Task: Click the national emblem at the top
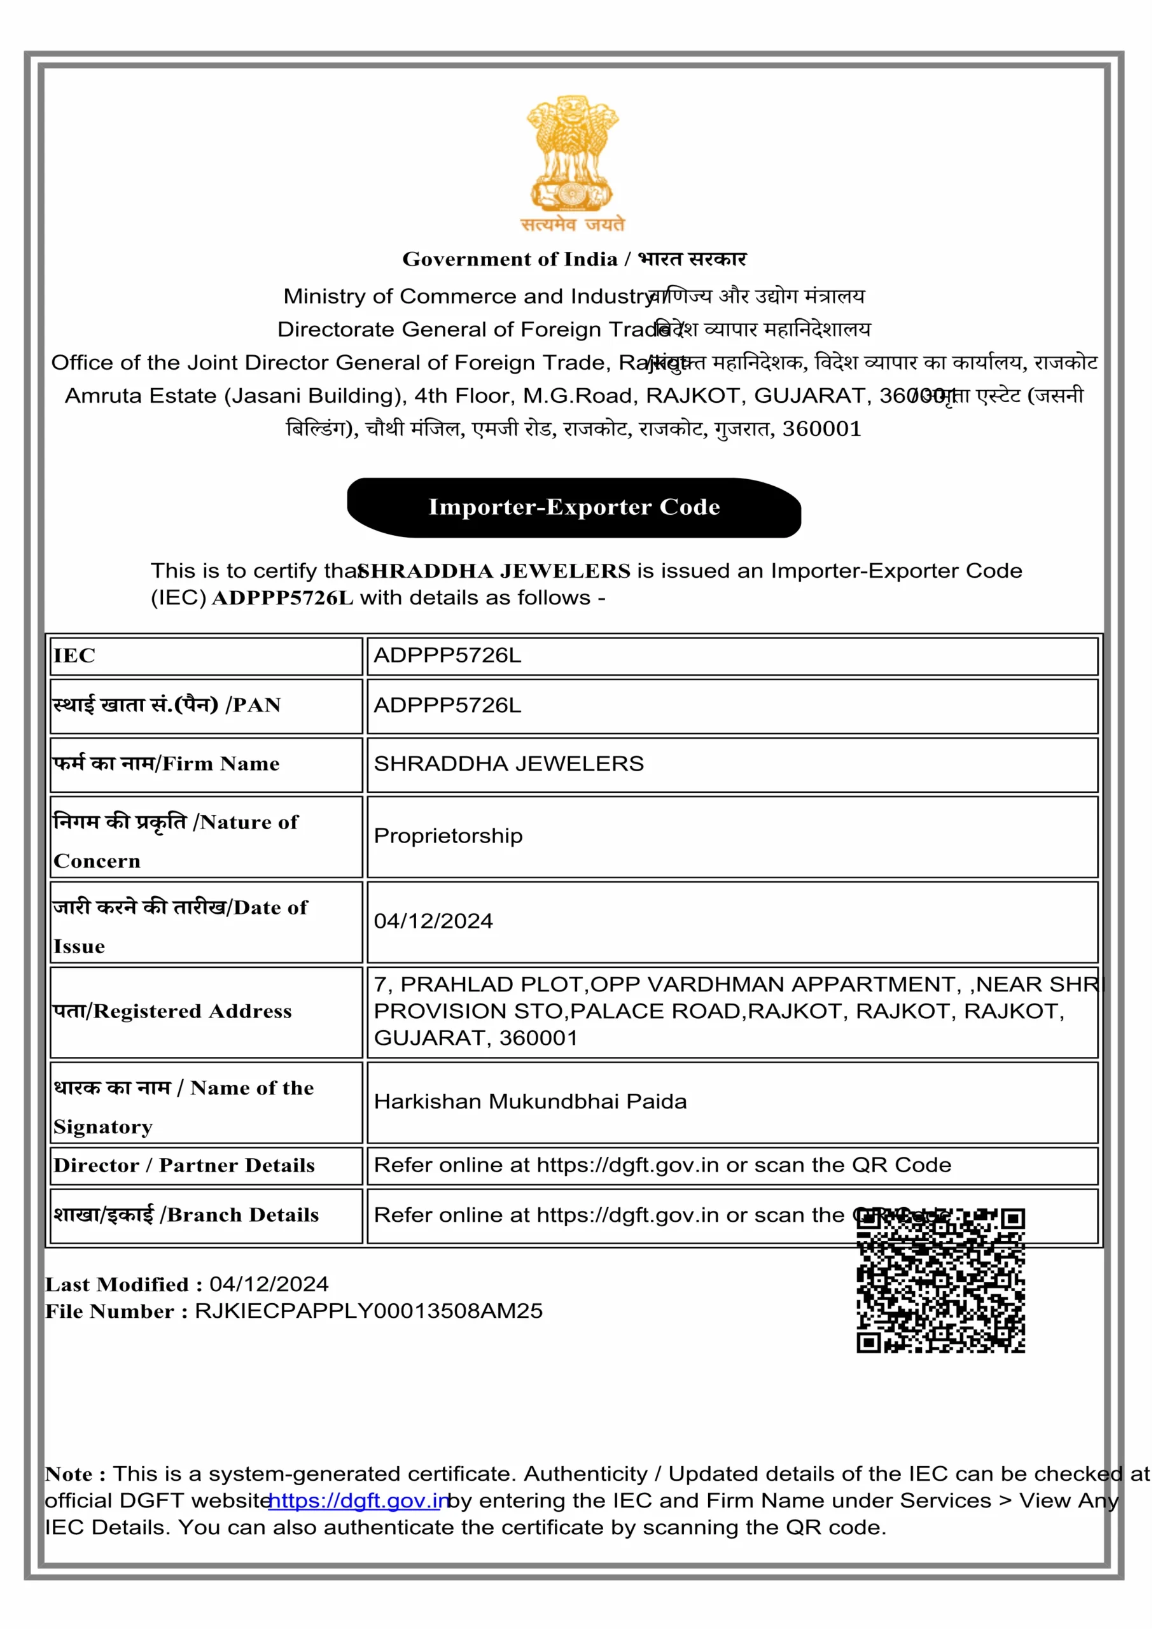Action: coord(573,153)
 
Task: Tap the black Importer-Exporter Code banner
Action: coord(574,507)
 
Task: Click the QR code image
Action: coord(940,1280)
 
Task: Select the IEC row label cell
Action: coord(206,656)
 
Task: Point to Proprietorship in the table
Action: coord(448,835)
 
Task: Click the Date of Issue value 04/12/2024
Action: coord(433,921)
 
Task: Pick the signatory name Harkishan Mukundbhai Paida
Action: coord(530,1101)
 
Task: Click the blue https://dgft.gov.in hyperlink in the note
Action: coord(358,1500)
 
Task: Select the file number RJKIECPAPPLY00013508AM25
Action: coord(368,1311)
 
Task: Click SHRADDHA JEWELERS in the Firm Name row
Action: coord(508,764)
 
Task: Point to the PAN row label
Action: coord(206,706)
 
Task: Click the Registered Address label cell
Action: coord(206,1012)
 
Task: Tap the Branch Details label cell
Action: coord(206,1215)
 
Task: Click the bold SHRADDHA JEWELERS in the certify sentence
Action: coord(494,571)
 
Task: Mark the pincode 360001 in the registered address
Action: coord(538,1038)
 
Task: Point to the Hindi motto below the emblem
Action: coord(573,225)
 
